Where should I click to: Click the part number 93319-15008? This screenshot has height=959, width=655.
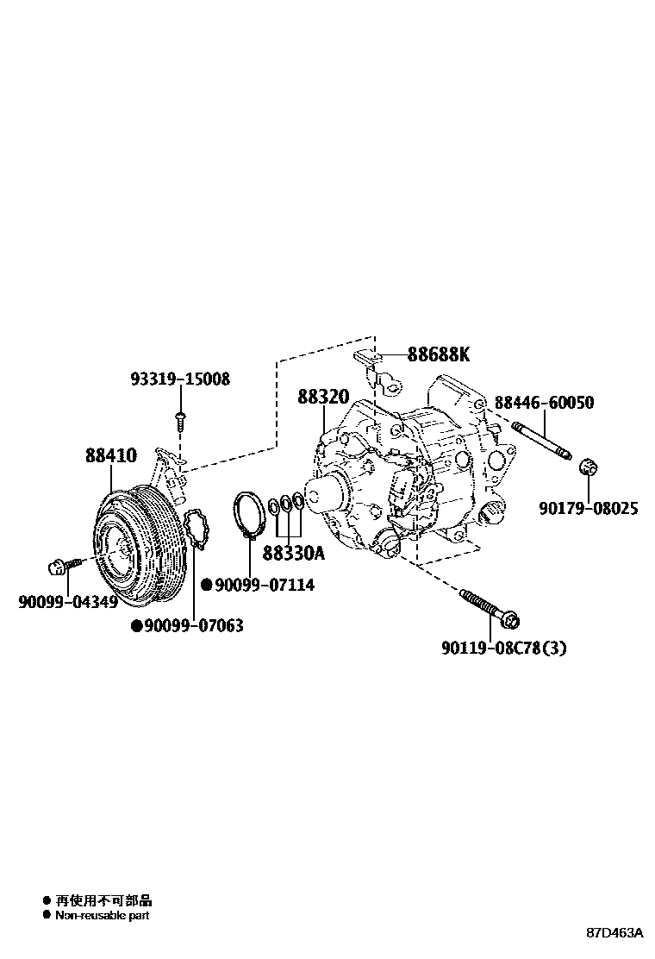click(180, 379)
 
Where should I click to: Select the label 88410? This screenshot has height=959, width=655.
click(110, 455)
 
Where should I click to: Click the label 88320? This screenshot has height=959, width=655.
click(323, 397)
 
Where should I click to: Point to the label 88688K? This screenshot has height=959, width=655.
click(439, 354)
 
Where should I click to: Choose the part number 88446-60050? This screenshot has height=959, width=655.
click(544, 403)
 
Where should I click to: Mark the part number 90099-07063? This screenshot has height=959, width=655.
click(193, 625)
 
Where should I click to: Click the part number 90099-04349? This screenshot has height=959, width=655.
click(68, 601)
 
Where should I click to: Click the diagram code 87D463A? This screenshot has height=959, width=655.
click(615, 933)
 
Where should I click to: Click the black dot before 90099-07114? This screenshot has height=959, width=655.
click(207, 585)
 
